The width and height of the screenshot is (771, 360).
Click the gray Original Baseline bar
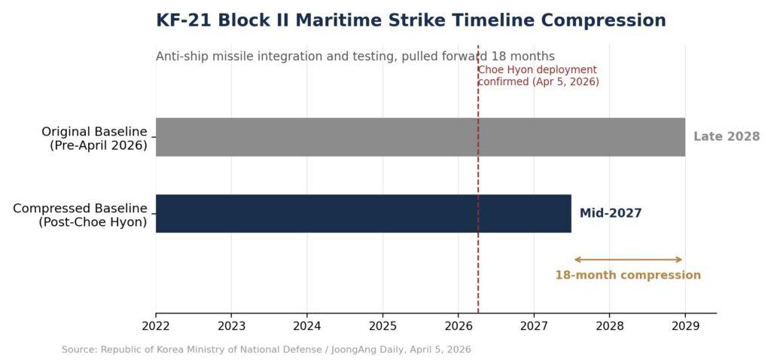420,137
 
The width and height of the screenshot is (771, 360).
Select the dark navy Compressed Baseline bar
364,213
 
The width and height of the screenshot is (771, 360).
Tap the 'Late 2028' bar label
727,137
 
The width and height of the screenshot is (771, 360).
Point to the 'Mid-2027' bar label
611,213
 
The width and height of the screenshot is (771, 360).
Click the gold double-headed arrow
629,260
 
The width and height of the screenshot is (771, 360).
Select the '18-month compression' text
628,275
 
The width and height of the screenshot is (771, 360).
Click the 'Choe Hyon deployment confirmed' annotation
538,76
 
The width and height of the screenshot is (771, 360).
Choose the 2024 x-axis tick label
307,325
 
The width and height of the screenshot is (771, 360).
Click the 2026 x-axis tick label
459,325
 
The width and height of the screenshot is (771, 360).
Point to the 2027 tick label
534,325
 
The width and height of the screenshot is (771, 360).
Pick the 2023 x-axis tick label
231,325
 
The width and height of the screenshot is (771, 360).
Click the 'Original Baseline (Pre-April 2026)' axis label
94,139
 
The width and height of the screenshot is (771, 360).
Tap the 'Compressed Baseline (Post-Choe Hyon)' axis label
80,215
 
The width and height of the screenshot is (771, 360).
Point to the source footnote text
266,349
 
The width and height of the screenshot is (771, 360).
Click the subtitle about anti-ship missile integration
355,56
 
